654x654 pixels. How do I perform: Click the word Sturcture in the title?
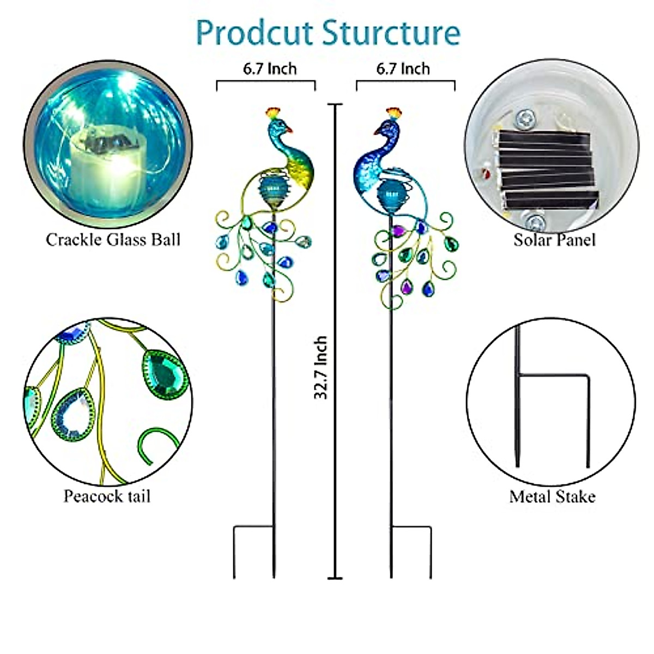click(x=391, y=33)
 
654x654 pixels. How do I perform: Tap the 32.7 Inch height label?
click(x=321, y=367)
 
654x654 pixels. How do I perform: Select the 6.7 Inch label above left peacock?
click(x=270, y=69)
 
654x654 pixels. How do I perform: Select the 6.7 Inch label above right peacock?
click(x=403, y=69)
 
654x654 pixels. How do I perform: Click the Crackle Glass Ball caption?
click(x=113, y=240)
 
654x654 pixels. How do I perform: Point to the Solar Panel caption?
click(x=554, y=240)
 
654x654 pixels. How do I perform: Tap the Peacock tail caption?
click(x=107, y=496)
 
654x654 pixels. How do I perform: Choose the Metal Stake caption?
click(x=552, y=496)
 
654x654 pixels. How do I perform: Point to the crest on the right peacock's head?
click(x=393, y=113)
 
